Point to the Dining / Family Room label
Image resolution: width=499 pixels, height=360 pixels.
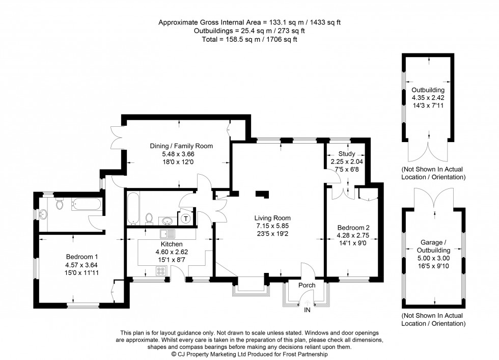(x=181, y=146)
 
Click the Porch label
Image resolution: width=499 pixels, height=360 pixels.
(x=307, y=285)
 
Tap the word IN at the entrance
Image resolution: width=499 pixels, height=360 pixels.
(x=308, y=310)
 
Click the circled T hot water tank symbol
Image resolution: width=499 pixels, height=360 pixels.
(x=186, y=218)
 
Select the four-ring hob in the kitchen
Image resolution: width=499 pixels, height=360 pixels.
(x=162, y=271)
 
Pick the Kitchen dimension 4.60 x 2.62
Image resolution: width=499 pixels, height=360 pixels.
(x=161, y=252)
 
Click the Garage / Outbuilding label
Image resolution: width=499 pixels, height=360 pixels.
(x=434, y=246)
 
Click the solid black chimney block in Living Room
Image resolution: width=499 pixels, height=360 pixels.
(x=262, y=193)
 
